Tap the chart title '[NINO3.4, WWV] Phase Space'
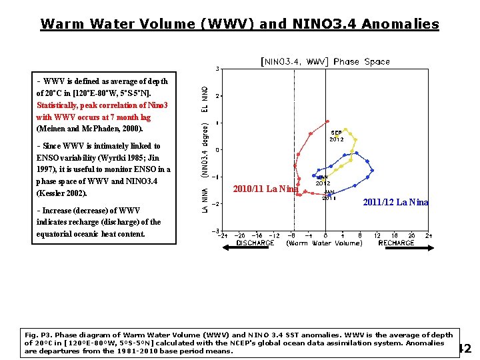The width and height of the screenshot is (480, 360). [x=325, y=61]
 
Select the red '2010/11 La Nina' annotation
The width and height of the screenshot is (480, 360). [x=265, y=189]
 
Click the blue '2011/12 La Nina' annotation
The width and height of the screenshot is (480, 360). [x=395, y=202]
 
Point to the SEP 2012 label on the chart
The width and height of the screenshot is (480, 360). [x=337, y=136]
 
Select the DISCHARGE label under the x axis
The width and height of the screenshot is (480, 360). [x=255, y=243]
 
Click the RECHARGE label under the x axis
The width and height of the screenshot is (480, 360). [x=396, y=243]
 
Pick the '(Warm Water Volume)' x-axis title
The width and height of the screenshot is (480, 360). [x=325, y=243]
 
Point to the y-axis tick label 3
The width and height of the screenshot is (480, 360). [x=217, y=69]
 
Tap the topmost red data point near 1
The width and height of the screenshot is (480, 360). [x=327, y=121]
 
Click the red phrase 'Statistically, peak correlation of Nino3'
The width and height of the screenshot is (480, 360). [x=102, y=105]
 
